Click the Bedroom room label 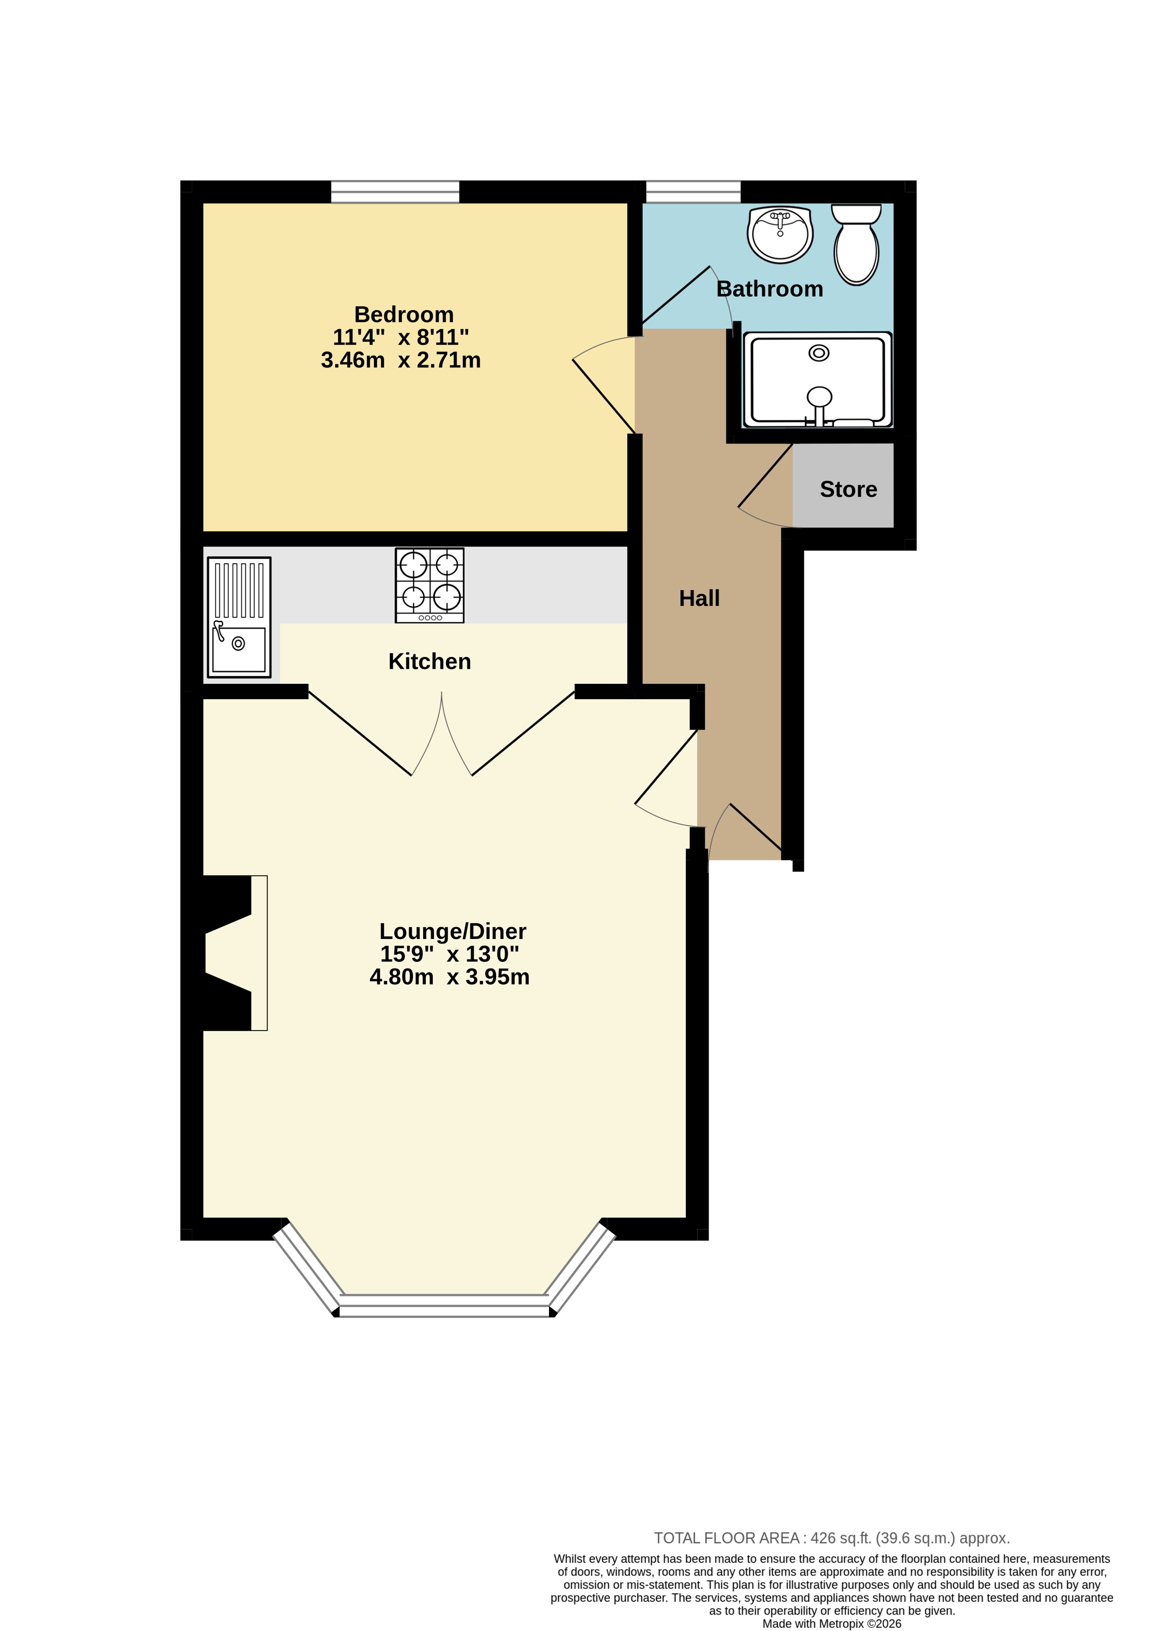tap(404, 315)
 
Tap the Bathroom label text tap(770, 289)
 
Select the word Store tap(849, 489)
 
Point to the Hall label tap(699, 598)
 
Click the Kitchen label tap(430, 661)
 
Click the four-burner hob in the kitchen tap(430, 585)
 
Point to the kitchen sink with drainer tap(239, 618)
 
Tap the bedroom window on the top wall tap(395, 192)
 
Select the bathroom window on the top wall tap(693, 192)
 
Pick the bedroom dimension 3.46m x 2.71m tap(401, 360)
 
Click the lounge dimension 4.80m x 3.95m tap(450, 977)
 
